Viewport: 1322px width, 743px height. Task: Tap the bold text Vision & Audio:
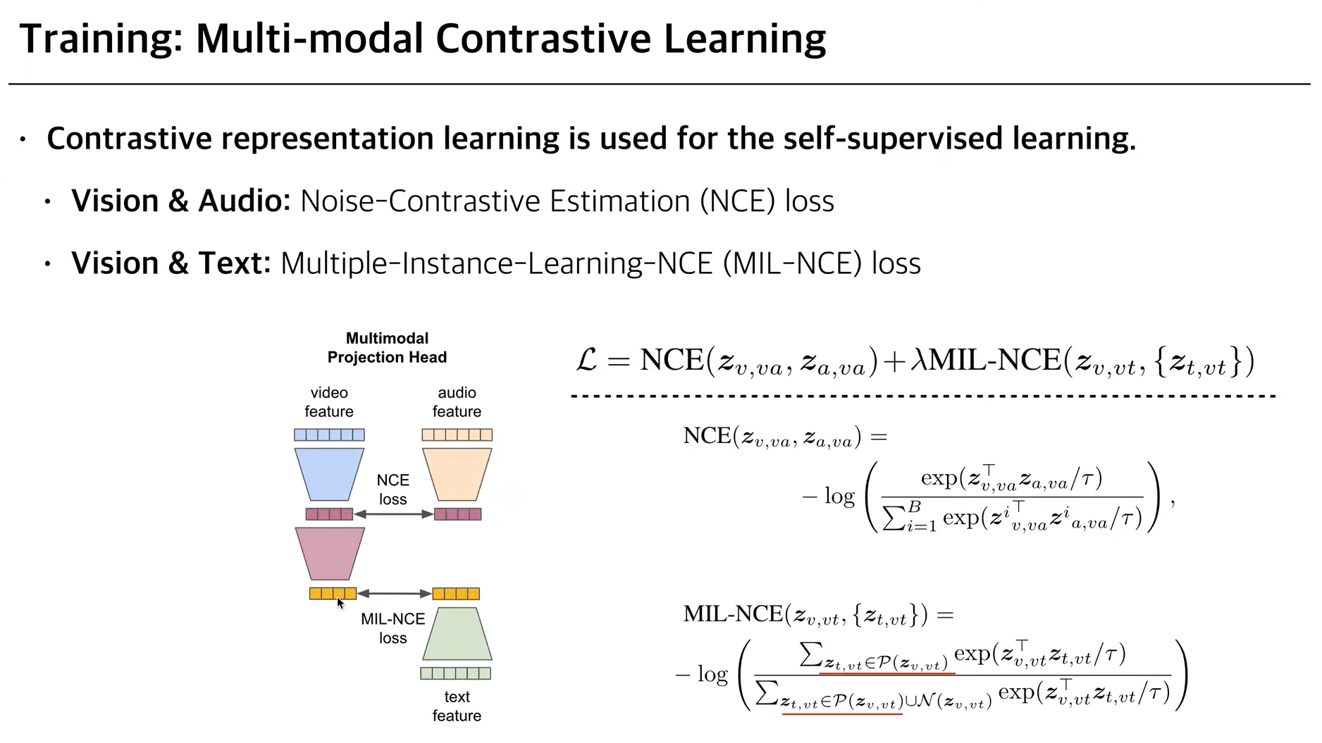click(180, 201)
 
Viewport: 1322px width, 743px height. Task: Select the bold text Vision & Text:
click(171, 263)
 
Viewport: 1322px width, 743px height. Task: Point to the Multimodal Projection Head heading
click(387, 348)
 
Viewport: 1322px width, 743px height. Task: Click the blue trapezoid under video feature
click(329, 474)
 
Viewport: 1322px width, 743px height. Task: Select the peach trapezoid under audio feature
click(457, 474)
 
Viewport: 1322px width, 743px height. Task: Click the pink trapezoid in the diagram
click(330, 554)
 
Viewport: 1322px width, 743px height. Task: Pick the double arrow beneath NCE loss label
click(393, 515)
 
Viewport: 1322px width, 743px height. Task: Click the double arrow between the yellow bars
click(394, 594)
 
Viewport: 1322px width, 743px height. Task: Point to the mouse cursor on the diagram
click(340, 603)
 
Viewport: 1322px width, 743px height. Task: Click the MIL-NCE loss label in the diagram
click(393, 628)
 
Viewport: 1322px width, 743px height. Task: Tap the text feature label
click(457, 706)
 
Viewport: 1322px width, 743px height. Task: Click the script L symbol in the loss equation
click(586, 361)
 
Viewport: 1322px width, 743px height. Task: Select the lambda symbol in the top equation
click(918, 361)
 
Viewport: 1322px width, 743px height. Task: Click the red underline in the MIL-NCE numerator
click(887, 673)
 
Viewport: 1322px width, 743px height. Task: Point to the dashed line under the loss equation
click(923, 397)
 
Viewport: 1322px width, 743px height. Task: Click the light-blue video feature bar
click(329, 435)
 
